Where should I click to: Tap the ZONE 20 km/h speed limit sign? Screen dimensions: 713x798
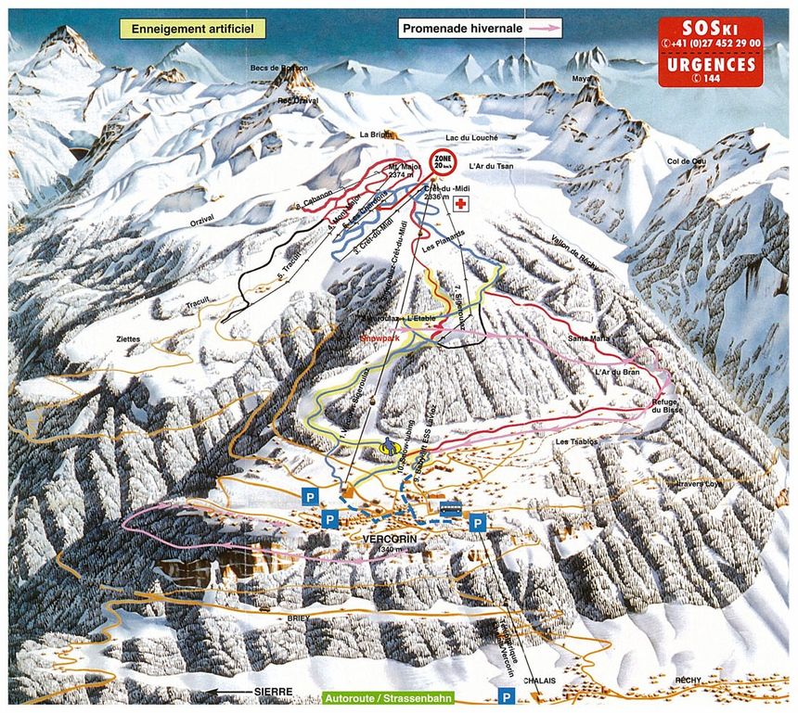444,164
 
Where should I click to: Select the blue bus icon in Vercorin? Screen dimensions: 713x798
450,509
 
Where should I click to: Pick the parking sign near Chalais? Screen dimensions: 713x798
507,695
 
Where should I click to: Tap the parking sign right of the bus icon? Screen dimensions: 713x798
477,523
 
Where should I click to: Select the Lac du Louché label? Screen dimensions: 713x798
472,137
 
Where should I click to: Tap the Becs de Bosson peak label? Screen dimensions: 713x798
278,69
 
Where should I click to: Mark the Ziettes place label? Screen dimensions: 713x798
128,339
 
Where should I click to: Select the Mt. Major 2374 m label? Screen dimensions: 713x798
405,169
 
